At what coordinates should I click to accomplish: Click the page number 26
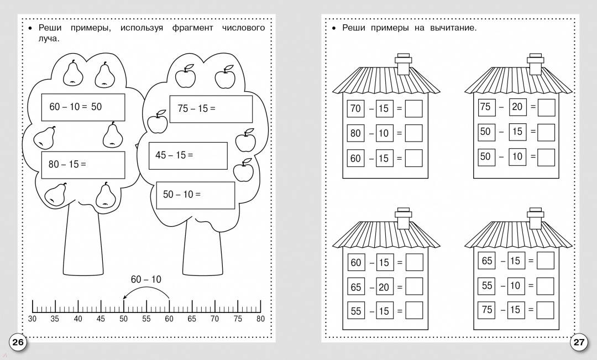[x=18, y=342]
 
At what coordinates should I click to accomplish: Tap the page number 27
[x=578, y=342]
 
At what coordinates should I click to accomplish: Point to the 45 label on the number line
[x=101, y=319]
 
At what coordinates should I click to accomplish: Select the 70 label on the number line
[x=214, y=319]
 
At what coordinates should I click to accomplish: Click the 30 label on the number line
[x=33, y=319]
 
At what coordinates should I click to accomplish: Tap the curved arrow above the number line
[x=146, y=288]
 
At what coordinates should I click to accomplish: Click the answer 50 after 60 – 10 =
[x=96, y=107]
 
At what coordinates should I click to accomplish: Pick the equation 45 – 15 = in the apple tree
[x=174, y=155]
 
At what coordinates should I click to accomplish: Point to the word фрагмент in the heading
[x=193, y=28]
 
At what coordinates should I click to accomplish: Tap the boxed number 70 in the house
[x=355, y=108]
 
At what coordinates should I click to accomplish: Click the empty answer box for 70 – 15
[x=413, y=108]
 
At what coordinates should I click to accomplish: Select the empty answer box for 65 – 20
[x=414, y=286]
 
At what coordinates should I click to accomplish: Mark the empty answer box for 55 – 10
[x=545, y=286]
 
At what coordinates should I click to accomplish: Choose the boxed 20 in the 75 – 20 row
[x=517, y=107]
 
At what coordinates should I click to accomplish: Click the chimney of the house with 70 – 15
[x=403, y=64]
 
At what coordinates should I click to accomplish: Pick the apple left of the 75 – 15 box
[x=157, y=122]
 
